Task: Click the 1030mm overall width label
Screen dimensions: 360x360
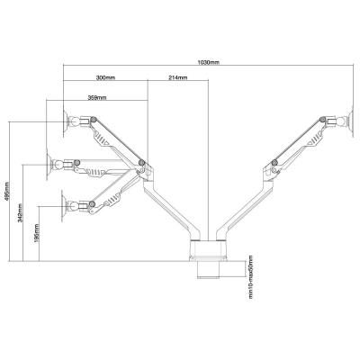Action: click(x=209, y=62)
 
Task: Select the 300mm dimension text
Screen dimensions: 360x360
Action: click(x=105, y=77)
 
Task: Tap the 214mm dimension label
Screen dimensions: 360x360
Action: click(x=178, y=77)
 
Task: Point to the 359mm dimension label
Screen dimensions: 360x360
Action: click(x=97, y=97)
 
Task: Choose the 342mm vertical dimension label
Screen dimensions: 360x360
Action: click(x=20, y=213)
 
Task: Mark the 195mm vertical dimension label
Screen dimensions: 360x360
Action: click(x=37, y=233)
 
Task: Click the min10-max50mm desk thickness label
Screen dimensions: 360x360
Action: click(x=251, y=277)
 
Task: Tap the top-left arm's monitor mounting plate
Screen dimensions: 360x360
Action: click(x=65, y=121)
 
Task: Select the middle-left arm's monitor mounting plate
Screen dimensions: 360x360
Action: click(x=48, y=164)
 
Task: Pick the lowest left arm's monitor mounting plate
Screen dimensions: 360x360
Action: click(x=63, y=206)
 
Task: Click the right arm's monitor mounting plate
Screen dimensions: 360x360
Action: click(x=352, y=121)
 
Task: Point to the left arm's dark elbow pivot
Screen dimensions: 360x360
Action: click(x=141, y=163)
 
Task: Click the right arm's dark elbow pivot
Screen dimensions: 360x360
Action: click(x=274, y=163)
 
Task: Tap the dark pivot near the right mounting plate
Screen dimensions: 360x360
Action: click(x=323, y=120)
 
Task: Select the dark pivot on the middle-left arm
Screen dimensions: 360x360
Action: click(x=76, y=162)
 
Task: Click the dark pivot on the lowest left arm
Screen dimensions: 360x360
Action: click(x=92, y=204)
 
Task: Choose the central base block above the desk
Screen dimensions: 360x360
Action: click(x=208, y=249)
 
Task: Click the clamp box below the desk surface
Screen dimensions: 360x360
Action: click(x=209, y=270)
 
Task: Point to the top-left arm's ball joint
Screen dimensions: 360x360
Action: click(x=73, y=121)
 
